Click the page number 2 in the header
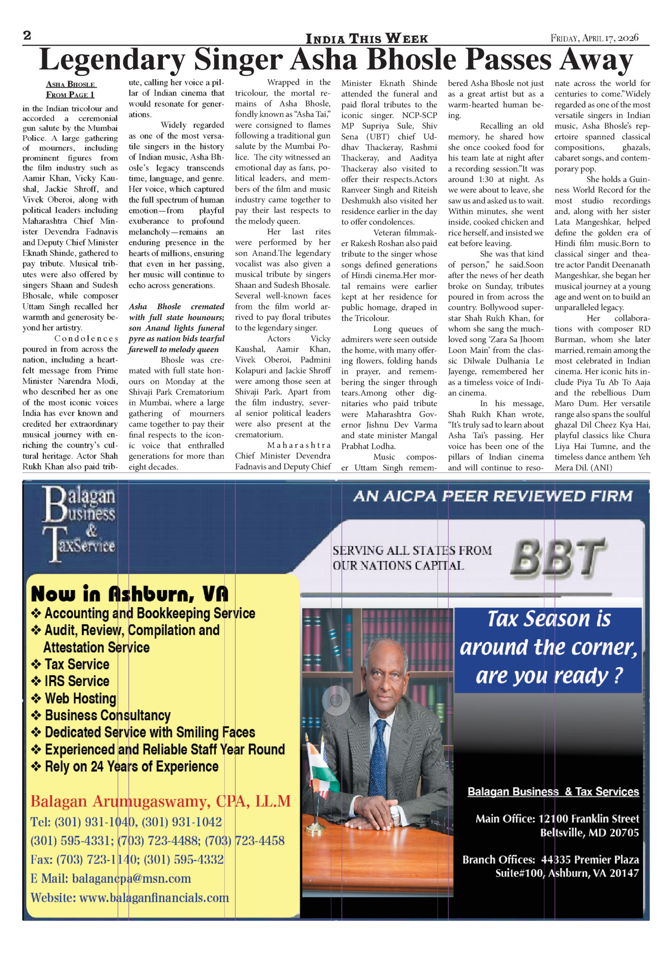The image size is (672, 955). [x=27, y=36]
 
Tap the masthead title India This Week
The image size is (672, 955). [x=367, y=39]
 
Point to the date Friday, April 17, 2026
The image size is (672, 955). [x=594, y=38]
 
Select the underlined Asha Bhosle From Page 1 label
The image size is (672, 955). [x=70, y=89]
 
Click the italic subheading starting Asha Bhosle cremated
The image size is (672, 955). [x=176, y=328]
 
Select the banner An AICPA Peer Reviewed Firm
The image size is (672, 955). [x=493, y=496]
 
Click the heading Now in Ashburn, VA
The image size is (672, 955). [x=129, y=594]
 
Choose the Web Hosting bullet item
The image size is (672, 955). [x=80, y=698]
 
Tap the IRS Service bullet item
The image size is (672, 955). [x=77, y=681]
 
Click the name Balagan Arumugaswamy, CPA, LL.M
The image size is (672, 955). [x=160, y=801]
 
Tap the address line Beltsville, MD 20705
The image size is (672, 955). [x=589, y=833]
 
